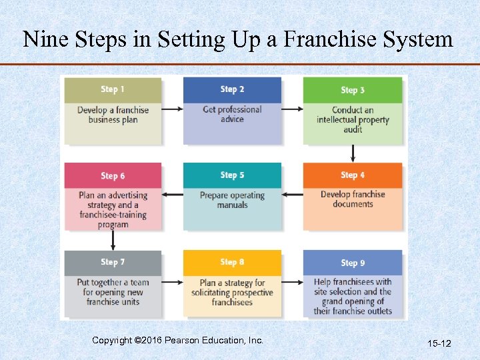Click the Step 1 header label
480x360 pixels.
coord(113,89)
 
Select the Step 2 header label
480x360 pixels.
coord(232,89)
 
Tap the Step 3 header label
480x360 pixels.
coord(353,90)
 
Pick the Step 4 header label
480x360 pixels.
coord(353,175)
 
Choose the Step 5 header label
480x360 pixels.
coord(232,175)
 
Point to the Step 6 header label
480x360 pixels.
coord(113,176)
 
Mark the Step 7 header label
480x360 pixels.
coord(113,262)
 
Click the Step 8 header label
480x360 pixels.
coord(232,262)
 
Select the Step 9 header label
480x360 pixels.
coord(353,263)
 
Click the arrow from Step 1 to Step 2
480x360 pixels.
coord(172,109)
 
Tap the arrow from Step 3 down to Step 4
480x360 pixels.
coord(353,153)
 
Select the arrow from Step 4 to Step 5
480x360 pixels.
coord(292,195)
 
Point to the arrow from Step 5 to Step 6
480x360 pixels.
coord(173,195)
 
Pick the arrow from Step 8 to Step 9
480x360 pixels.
coord(292,281)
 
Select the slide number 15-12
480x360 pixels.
coord(439,343)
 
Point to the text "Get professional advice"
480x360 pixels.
coord(232,114)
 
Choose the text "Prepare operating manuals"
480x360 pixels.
coord(232,200)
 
